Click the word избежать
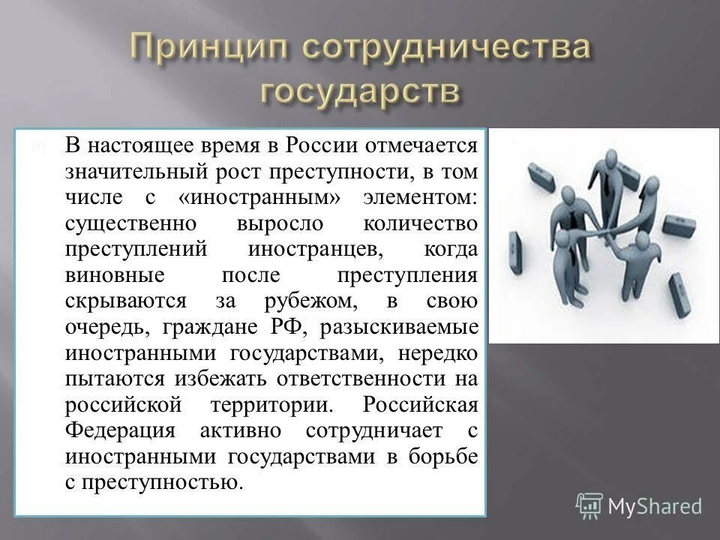point(228,380)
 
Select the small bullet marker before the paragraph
point(37,147)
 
